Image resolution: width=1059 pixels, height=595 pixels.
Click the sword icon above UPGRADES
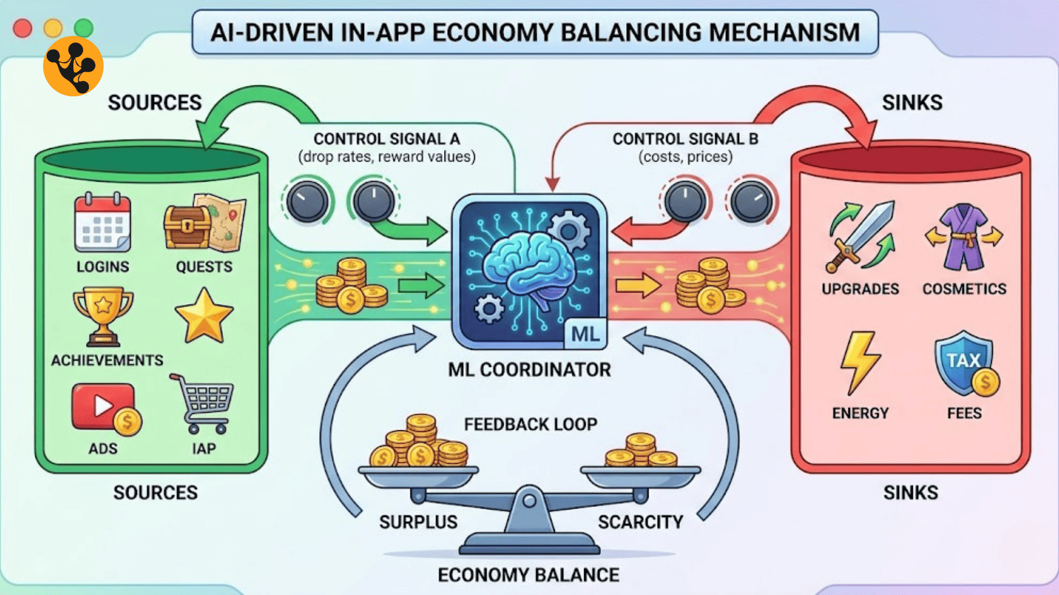[x=861, y=237]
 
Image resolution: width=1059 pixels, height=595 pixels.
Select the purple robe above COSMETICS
[x=964, y=237]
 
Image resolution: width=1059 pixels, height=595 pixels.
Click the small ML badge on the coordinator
[x=585, y=334]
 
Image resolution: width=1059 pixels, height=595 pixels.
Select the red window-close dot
[x=23, y=28]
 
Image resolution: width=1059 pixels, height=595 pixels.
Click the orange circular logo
[x=73, y=66]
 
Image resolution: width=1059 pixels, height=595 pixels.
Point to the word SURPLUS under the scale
[x=418, y=522]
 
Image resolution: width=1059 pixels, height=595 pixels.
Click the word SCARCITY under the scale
[x=640, y=522]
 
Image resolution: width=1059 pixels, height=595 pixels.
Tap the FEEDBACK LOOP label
[x=531, y=424]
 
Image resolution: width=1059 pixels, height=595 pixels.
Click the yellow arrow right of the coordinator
[x=638, y=285]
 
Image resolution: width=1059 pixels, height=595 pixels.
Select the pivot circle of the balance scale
[x=529, y=501]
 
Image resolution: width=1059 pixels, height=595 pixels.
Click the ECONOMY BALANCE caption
[x=528, y=575]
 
